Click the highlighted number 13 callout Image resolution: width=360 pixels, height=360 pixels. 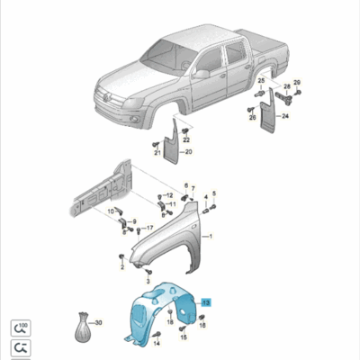pyautogui.click(x=206, y=302)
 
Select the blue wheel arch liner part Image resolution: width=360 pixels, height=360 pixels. pyautogui.click(x=162, y=310)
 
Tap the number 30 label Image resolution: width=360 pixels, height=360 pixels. pyautogui.click(x=98, y=322)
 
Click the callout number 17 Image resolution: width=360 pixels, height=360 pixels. pyautogui.click(x=149, y=229)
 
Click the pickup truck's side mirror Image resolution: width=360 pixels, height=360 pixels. pyautogui.click(x=202, y=75)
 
